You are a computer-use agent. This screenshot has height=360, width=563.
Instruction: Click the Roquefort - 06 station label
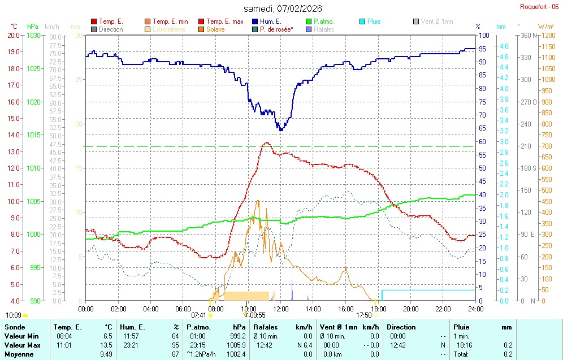coord(540,7)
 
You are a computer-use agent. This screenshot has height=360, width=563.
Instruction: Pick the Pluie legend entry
coord(374,21)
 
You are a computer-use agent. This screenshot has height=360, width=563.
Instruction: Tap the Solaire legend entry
coord(215,29)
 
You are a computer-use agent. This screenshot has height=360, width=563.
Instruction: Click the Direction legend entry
coord(111,29)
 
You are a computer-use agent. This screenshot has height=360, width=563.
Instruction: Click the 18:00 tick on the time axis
coord(378,309)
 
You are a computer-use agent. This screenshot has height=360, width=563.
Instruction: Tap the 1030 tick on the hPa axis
coord(34,35)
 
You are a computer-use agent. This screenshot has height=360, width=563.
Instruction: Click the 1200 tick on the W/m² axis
coord(547,35)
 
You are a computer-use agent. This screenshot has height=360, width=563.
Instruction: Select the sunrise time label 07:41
coord(199,315)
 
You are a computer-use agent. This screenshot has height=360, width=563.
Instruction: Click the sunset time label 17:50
coord(364,315)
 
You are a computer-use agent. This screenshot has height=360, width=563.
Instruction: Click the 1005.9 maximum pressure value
coord(236,345)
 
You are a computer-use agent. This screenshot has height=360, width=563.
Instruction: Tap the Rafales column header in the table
coord(266,327)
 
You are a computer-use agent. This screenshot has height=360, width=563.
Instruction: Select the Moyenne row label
coord(19,354)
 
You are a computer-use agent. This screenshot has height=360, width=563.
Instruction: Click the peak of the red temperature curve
coord(266,143)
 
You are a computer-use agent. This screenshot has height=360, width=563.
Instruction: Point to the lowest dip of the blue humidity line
coord(280,130)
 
